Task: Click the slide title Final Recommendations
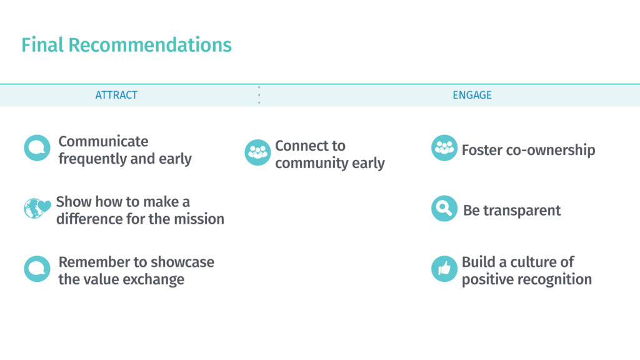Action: [x=126, y=45]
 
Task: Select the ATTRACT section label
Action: [x=116, y=95]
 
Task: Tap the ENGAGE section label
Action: [x=472, y=95]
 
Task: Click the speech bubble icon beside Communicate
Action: [x=37, y=148]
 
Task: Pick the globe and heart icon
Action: [x=37, y=208]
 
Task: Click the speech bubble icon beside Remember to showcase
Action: [x=37, y=269]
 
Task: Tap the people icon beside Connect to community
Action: [x=257, y=152]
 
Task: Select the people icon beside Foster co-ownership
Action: [x=444, y=148]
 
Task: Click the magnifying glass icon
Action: [x=444, y=209]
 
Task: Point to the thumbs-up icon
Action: [x=444, y=269]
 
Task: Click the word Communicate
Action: [x=103, y=141]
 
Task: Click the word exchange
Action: [x=156, y=279]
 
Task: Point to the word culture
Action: [x=533, y=262]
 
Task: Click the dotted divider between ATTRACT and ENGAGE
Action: [x=259, y=95]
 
